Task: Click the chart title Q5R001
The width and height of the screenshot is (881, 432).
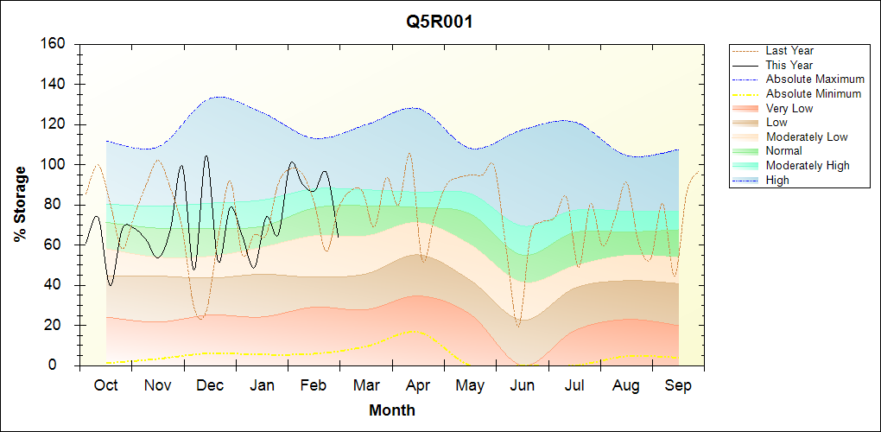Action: pos(440,22)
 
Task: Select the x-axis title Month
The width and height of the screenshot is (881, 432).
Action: pos(391,410)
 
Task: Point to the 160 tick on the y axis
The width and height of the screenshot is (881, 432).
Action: pos(54,44)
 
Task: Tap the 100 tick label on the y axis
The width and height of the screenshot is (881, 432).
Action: pos(54,164)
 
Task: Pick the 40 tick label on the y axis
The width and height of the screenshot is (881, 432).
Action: pos(57,285)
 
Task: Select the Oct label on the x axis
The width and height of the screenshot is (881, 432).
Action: pos(106,385)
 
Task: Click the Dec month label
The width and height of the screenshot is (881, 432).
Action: pos(210,385)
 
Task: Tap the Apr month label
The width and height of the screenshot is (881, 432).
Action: pos(418,385)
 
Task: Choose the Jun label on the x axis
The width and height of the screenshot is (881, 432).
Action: pos(522,385)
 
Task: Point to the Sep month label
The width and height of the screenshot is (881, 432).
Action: pos(678,385)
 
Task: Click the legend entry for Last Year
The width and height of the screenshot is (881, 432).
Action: pos(789,51)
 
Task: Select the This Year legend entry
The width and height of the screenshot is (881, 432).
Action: pos(789,65)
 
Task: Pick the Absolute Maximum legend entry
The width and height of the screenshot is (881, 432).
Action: pos(814,79)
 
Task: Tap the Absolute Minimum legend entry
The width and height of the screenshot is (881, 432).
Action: pos(814,93)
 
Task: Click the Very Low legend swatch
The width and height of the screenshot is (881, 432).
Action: pos(745,108)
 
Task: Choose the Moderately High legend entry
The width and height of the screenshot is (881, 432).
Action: pos(808,165)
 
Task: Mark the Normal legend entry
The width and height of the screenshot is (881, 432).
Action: pos(783,151)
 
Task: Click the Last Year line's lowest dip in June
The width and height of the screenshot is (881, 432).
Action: pos(518,326)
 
